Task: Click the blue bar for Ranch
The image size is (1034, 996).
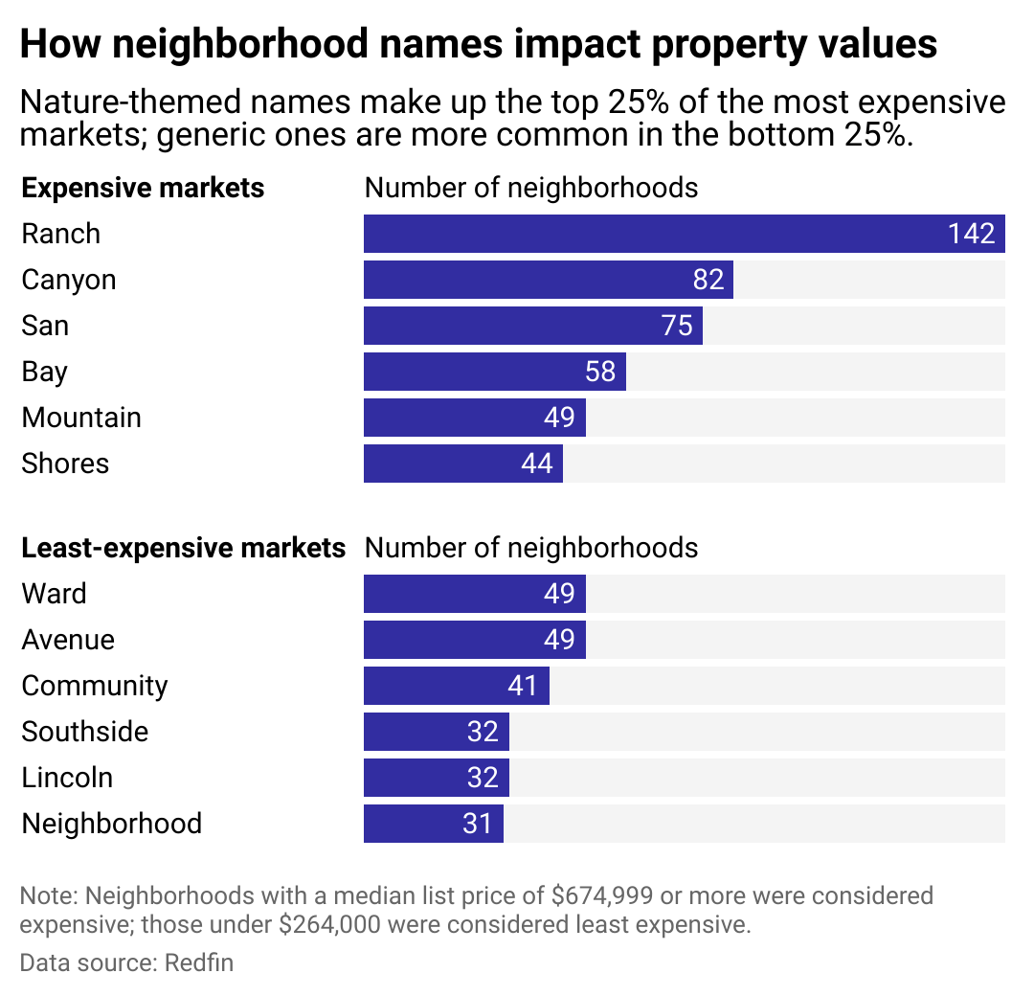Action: (x=651, y=234)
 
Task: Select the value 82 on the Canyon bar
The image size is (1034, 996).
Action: (x=708, y=280)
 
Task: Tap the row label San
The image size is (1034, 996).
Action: (x=45, y=326)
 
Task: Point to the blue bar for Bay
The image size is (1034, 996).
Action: (x=479, y=372)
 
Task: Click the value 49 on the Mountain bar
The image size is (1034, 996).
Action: (x=559, y=418)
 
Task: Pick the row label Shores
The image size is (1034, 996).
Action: (x=65, y=464)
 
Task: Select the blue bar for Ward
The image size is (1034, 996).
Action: (x=460, y=594)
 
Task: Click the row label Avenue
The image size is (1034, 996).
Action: (x=68, y=640)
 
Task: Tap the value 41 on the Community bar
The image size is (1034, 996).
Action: (x=523, y=686)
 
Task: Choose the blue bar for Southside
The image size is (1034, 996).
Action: (x=421, y=732)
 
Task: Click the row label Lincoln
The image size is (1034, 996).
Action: (x=67, y=778)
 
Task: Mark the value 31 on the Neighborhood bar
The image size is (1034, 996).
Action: (x=477, y=824)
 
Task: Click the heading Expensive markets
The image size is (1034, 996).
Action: (x=143, y=188)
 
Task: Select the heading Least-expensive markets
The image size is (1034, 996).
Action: (x=183, y=548)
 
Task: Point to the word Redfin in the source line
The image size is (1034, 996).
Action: (x=199, y=962)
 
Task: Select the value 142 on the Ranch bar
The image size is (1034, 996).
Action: (x=972, y=234)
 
